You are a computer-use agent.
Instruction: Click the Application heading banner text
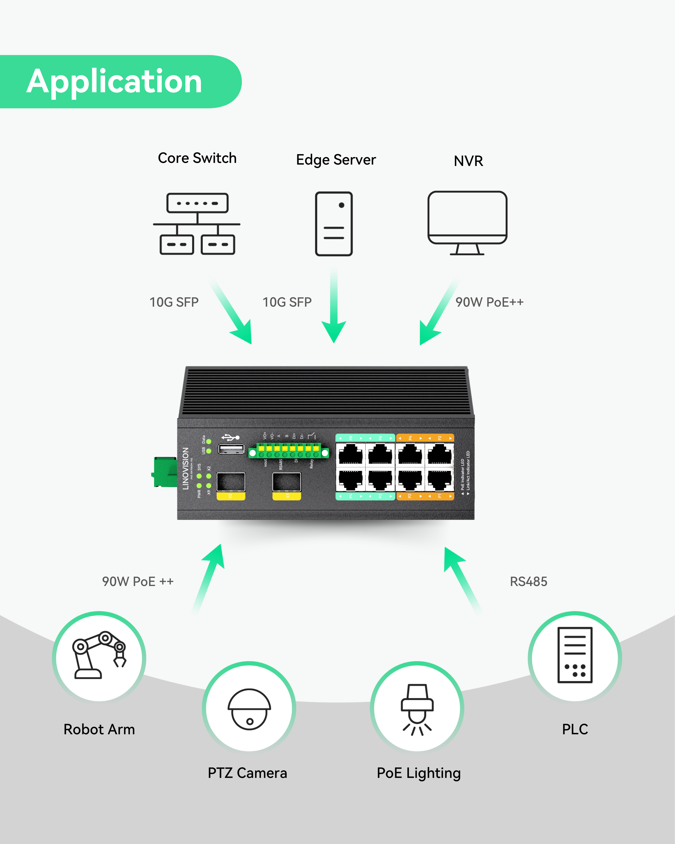click(114, 81)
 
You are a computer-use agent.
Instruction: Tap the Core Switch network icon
click(197, 224)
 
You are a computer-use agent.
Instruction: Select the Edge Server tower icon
click(334, 224)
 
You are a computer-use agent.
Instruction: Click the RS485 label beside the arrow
click(528, 582)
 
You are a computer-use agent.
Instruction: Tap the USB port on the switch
click(231, 449)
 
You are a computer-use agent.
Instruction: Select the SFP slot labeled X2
click(231, 482)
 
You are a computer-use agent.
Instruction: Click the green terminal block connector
click(289, 451)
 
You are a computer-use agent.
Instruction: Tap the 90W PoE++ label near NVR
click(489, 302)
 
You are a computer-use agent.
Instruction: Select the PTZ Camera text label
click(247, 773)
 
